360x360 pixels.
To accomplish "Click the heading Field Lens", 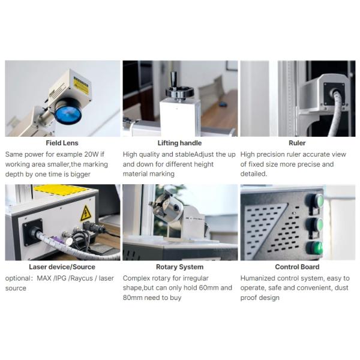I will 62,143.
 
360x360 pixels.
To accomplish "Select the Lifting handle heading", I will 179,143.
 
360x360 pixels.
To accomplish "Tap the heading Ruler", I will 297,143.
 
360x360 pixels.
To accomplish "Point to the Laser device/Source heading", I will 62,266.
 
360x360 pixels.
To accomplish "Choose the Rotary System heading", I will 179,266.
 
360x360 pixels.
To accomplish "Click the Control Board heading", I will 297,266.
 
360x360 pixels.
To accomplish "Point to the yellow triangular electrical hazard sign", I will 86,212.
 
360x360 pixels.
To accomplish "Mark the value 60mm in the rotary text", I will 208,288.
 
